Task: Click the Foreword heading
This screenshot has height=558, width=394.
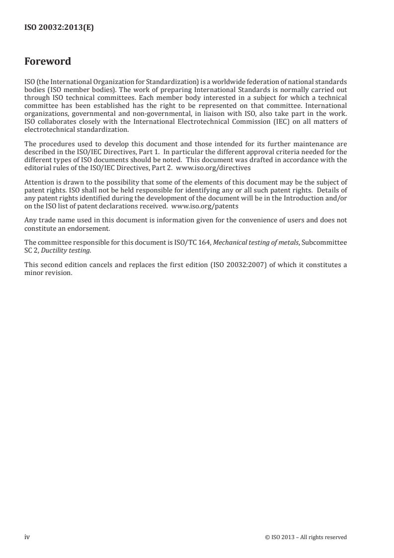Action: pyautogui.click(x=48, y=62)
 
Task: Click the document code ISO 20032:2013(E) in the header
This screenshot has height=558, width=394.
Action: pyautogui.click(x=59, y=28)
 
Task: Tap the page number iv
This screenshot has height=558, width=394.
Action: pyautogui.click(x=27, y=537)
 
